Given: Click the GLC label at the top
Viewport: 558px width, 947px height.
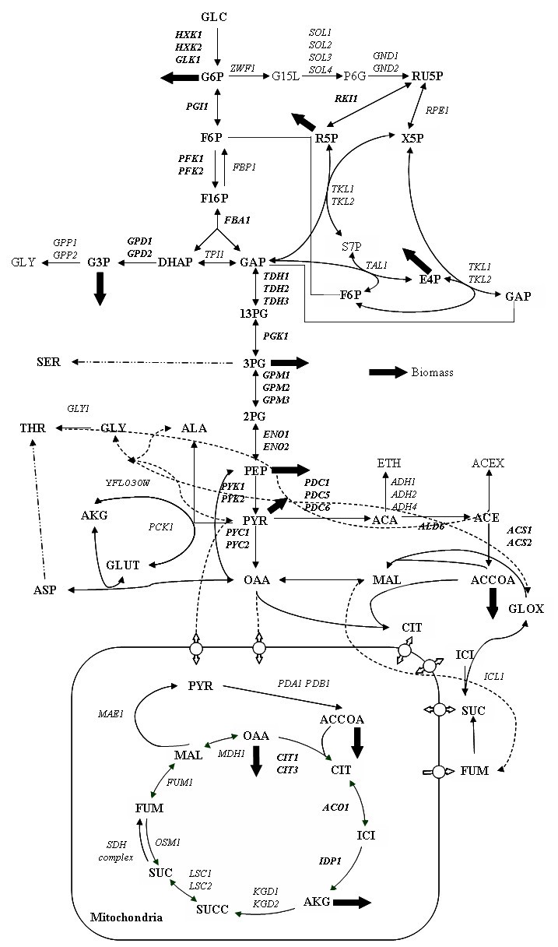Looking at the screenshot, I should click(x=214, y=16).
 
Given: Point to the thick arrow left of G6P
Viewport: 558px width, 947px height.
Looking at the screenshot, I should click(x=179, y=77).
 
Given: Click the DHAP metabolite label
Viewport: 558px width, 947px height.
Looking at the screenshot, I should click(x=174, y=262).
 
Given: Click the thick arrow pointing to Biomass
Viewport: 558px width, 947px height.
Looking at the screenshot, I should click(x=388, y=373).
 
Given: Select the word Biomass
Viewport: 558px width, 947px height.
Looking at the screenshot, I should click(x=432, y=373).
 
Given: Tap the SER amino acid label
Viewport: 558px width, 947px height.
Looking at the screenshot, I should click(x=48, y=363).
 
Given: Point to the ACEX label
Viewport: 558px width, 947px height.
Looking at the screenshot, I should click(x=488, y=463).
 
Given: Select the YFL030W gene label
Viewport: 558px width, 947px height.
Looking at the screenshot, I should click(x=127, y=483).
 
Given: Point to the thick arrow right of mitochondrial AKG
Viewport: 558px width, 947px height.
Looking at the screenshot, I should click(x=353, y=902).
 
